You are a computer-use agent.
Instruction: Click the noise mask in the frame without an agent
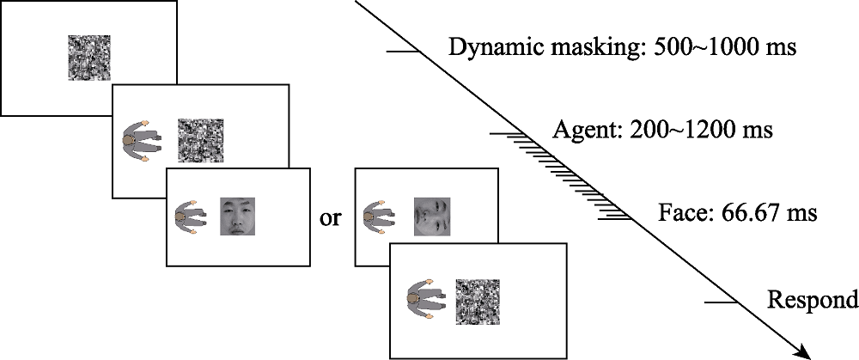(89, 58)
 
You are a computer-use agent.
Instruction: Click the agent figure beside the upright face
(189, 216)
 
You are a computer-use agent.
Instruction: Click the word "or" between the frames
(330, 218)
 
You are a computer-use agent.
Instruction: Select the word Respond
(812, 301)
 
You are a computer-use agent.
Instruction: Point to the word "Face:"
(683, 211)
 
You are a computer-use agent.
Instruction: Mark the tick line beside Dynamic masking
(401, 52)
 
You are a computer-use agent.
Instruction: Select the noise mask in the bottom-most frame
(478, 301)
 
